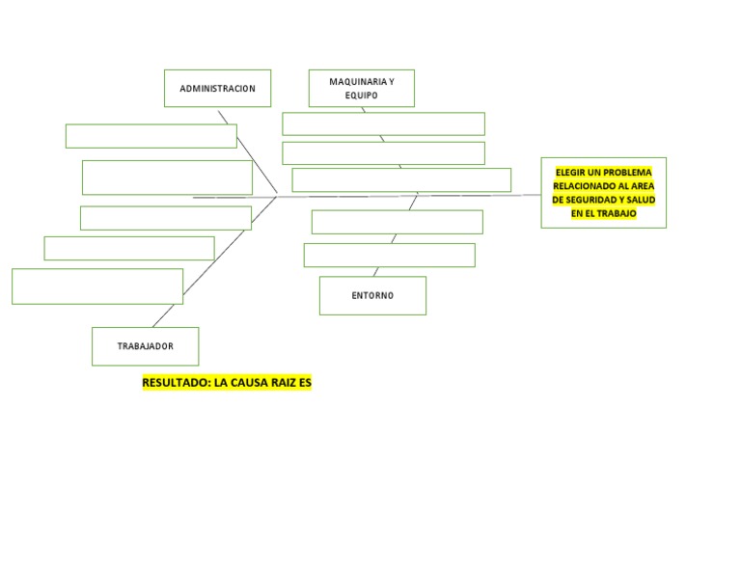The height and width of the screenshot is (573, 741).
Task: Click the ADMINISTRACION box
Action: coord(217,88)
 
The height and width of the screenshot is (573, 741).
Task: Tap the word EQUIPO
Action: coord(361,95)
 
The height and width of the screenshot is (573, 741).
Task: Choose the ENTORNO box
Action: coord(372,295)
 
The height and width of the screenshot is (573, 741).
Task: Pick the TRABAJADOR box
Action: coord(146,346)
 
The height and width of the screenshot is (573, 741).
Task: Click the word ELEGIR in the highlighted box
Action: coord(569,173)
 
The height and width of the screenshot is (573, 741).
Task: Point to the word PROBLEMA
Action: coord(627,173)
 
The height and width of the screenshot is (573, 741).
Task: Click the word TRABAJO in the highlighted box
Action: coord(617,213)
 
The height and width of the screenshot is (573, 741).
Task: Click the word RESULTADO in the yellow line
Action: coord(175,383)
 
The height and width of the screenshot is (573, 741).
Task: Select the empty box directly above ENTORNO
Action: coord(389,255)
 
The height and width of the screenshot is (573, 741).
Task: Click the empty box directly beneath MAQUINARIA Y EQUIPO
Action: coord(383,123)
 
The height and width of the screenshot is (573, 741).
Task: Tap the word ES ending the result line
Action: coord(306,383)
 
